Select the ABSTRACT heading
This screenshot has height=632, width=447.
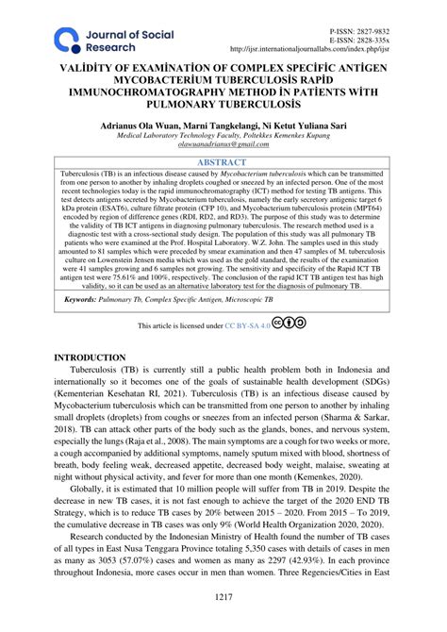point(223,161)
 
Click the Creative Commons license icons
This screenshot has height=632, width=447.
point(289,324)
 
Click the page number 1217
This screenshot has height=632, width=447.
point(223,596)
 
